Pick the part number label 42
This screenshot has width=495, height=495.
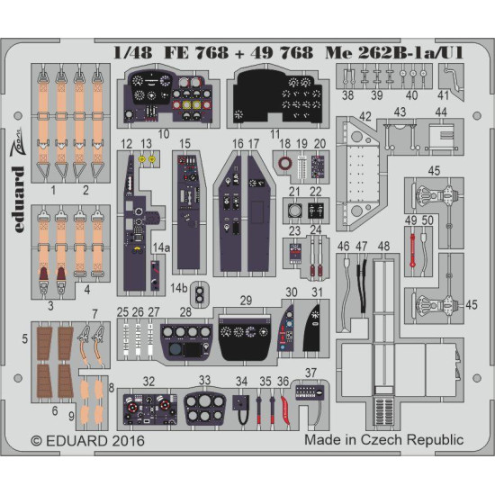pos(365,115)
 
